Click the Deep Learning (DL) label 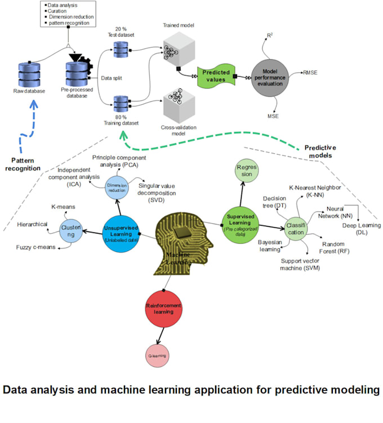pyautogui.click(x=362, y=229)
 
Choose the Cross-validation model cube pyautogui.click(x=177, y=105)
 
